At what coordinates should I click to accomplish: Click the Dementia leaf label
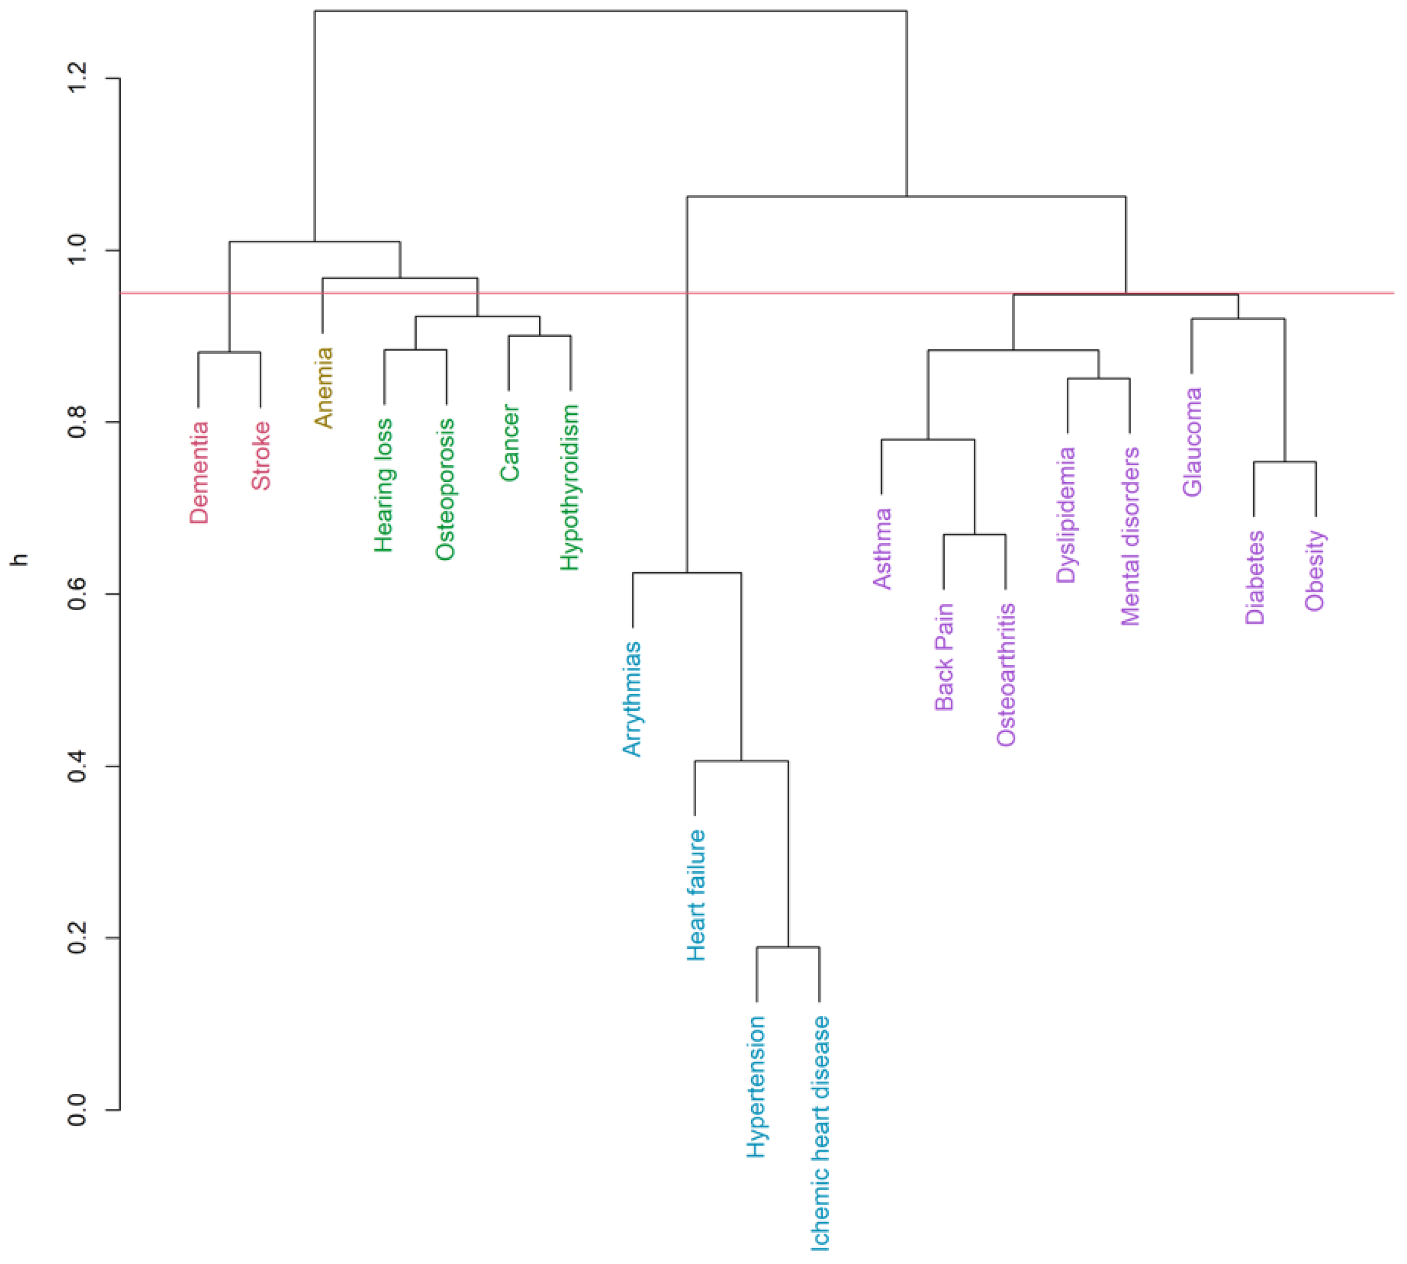(x=199, y=472)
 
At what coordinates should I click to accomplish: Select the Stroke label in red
(x=261, y=456)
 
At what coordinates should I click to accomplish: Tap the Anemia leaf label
(x=323, y=387)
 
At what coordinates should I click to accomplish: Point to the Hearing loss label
(x=384, y=485)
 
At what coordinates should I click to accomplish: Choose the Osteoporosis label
(x=445, y=489)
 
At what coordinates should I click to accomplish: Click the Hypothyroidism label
(x=570, y=488)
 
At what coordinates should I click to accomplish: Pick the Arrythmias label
(x=632, y=699)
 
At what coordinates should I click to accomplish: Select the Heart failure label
(x=696, y=895)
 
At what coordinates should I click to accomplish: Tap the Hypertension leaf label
(x=756, y=1087)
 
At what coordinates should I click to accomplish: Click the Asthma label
(x=883, y=549)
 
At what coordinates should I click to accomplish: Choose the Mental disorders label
(x=1131, y=536)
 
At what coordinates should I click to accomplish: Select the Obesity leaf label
(x=1315, y=570)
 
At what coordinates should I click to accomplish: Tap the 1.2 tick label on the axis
(x=77, y=78)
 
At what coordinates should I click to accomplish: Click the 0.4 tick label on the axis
(x=77, y=766)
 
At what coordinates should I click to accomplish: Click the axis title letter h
(x=21, y=559)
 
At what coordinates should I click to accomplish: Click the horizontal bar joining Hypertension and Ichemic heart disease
(x=787, y=947)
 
